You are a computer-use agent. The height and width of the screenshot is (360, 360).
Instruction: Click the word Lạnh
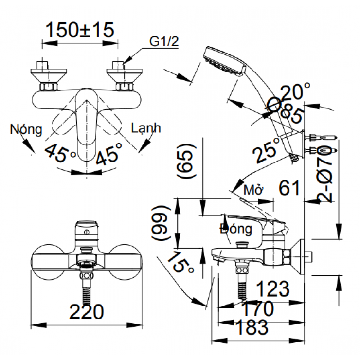tap(145, 128)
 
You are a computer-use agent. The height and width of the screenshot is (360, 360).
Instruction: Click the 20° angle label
tap(295, 90)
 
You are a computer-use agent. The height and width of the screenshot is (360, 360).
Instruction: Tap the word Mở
tap(254, 189)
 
